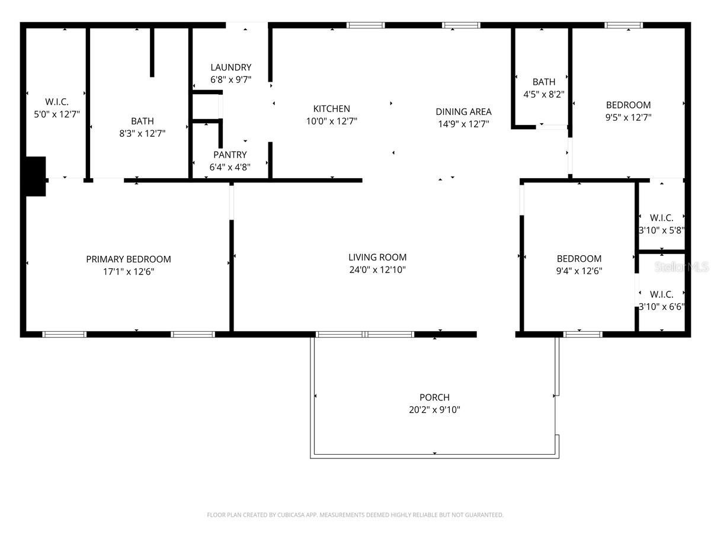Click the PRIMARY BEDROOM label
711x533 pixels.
point(129,259)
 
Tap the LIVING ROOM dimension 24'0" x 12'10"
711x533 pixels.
point(377,270)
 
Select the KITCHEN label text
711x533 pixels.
point(331,108)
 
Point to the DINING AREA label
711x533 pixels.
point(463,111)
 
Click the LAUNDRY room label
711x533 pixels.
point(230,68)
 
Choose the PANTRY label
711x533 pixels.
point(230,155)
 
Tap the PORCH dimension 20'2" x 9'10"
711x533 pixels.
point(434,409)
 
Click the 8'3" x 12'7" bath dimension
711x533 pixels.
point(142,134)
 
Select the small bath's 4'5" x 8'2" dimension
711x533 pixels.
point(543,94)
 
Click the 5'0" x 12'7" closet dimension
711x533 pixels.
point(57,114)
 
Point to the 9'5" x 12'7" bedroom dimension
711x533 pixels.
point(628,117)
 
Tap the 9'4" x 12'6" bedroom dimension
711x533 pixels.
point(579,271)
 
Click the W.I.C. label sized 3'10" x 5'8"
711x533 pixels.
point(661,217)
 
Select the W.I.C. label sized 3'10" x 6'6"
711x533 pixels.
point(661,294)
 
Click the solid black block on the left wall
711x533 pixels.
point(35,176)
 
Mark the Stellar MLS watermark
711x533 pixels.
point(681,267)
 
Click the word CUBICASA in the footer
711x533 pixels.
point(290,515)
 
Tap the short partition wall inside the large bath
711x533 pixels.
point(152,52)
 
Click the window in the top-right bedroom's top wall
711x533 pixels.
point(623,25)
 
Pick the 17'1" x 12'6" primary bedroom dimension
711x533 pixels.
point(129,272)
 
